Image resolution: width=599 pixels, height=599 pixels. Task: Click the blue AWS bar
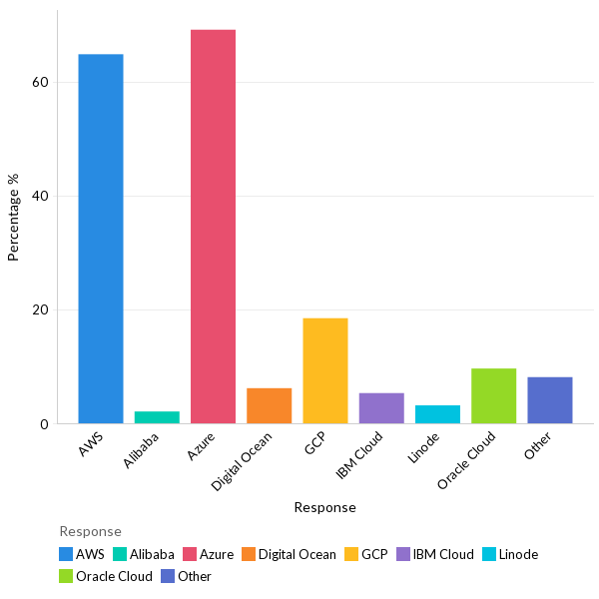(x=101, y=239)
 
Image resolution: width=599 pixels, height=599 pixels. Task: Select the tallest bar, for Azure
(x=213, y=227)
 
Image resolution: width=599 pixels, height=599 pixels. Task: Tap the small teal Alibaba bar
(x=157, y=417)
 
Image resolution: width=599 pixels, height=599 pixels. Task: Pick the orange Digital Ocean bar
(x=269, y=405)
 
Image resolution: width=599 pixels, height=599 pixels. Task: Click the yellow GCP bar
(x=325, y=370)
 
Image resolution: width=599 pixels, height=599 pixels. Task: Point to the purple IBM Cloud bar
(x=381, y=408)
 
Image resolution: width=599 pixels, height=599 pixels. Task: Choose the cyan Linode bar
(x=437, y=414)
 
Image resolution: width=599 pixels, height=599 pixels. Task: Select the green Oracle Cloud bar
(x=493, y=396)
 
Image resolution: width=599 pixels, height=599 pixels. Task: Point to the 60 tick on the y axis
(x=40, y=82)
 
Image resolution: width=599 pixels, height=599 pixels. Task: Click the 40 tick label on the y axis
(x=40, y=196)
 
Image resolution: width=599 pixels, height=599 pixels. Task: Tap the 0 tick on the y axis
(x=44, y=424)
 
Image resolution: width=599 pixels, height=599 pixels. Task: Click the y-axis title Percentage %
(x=14, y=217)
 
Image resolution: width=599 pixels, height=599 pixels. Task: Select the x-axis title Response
(x=324, y=507)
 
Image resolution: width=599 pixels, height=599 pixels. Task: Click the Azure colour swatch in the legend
(x=190, y=554)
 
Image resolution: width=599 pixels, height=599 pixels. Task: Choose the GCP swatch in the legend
(x=351, y=554)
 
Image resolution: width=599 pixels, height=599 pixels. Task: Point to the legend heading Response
(x=90, y=531)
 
